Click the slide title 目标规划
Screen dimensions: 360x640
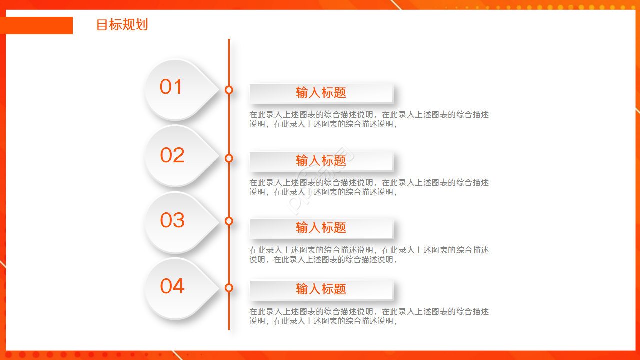click(122, 25)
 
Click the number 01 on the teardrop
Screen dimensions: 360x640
click(171, 87)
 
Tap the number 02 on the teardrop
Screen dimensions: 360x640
click(172, 155)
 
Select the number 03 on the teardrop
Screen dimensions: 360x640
click(172, 220)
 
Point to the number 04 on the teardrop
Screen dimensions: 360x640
click(172, 286)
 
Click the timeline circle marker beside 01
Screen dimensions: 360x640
click(229, 90)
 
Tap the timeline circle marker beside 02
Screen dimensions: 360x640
click(229, 158)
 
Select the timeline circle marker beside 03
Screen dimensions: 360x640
click(229, 221)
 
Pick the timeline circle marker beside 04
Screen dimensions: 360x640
click(229, 287)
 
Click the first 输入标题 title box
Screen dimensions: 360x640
click(321, 93)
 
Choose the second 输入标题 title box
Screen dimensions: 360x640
click(321, 161)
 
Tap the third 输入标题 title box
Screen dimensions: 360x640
click(321, 228)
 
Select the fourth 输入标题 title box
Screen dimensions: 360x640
click(321, 290)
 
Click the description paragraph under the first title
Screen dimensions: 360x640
click(369, 119)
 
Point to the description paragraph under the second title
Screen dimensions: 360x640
click(369, 187)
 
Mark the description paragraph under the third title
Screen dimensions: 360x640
click(369, 255)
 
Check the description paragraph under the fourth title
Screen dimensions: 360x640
click(369, 316)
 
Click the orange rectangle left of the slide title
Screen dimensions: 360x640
click(36, 25)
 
